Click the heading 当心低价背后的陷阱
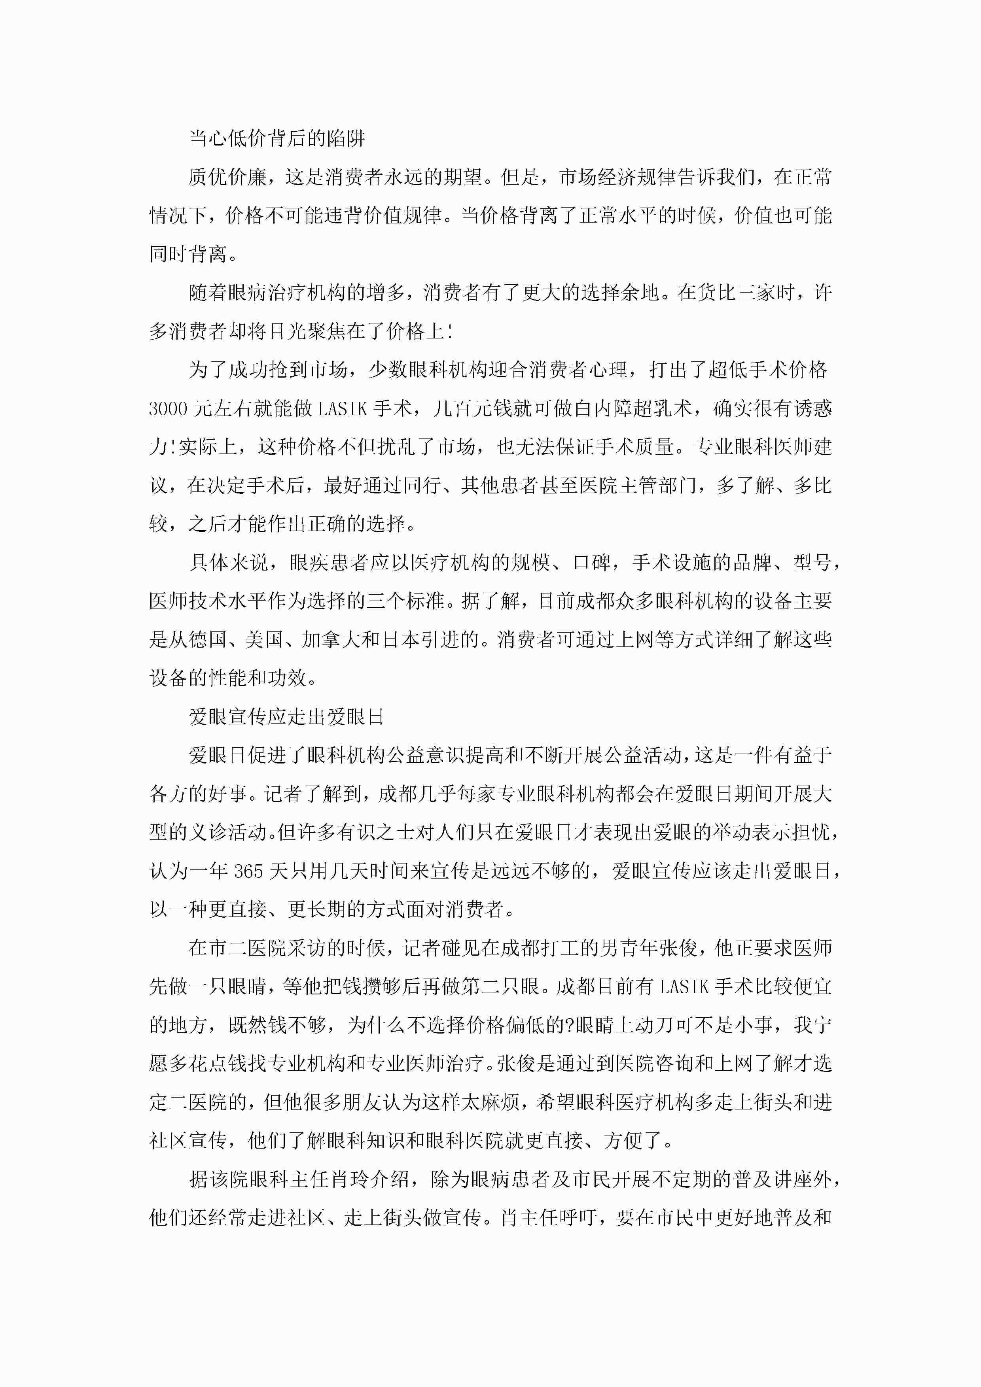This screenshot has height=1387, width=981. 277,138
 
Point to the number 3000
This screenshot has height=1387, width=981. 168,409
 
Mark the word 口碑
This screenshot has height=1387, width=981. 592,562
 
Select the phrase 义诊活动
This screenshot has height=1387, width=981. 229,832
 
